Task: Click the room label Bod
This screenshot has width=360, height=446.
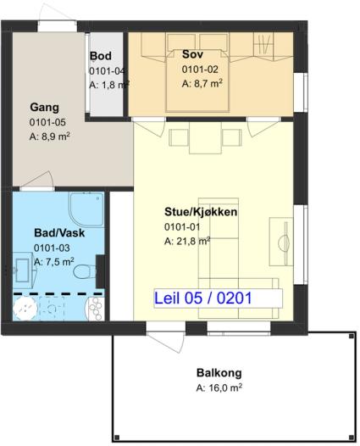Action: tap(101, 56)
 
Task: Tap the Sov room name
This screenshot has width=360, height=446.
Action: tap(192, 54)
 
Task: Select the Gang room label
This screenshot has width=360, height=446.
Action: tap(45, 107)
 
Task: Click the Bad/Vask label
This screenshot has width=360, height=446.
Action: tap(59, 232)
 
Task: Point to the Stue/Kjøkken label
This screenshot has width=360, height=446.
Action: tap(201, 212)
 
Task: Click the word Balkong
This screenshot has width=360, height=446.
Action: tap(219, 373)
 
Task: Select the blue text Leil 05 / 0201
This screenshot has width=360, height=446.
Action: tap(203, 298)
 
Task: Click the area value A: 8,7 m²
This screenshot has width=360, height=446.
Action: tap(202, 84)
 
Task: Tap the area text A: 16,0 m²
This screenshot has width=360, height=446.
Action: tap(219, 387)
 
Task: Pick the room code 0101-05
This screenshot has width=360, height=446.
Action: tap(47, 122)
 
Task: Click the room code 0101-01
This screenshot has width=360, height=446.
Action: tap(182, 227)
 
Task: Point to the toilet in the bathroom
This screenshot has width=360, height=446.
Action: tap(85, 271)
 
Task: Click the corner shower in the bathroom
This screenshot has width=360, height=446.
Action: tap(86, 209)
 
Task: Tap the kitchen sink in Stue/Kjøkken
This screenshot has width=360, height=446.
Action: tap(281, 242)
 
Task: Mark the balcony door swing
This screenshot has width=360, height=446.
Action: tap(165, 342)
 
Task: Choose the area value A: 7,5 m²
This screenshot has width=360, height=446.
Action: tap(54, 262)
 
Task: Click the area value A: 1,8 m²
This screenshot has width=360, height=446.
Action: tap(109, 85)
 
